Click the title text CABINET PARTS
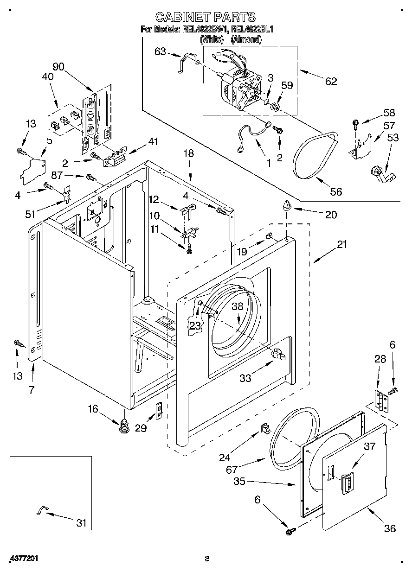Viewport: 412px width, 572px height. click(205, 17)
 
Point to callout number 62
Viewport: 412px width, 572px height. click(330, 81)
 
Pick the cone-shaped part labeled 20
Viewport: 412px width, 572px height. click(286, 205)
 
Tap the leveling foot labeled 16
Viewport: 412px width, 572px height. click(124, 425)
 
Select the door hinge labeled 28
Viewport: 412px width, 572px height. click(380, 400)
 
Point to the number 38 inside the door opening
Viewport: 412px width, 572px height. click(238, 306)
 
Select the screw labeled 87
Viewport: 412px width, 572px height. click(90, 177)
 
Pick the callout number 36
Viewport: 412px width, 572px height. click(390, 528)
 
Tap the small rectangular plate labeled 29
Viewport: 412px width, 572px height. click(158, 410)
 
